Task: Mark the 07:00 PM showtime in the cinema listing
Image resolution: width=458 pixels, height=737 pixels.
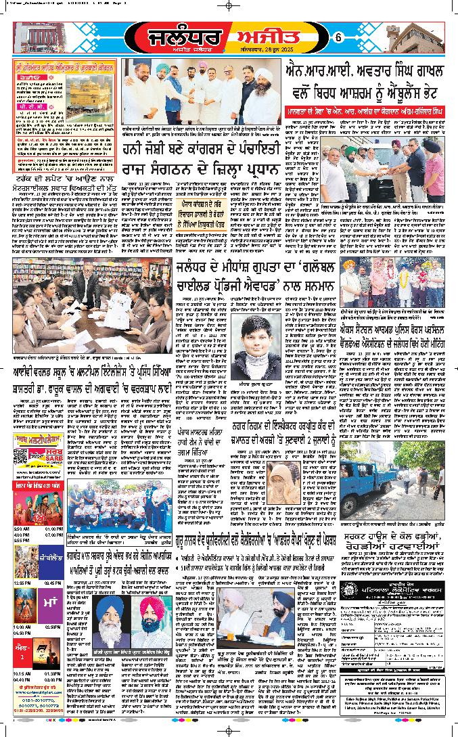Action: (x=54, y=535)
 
